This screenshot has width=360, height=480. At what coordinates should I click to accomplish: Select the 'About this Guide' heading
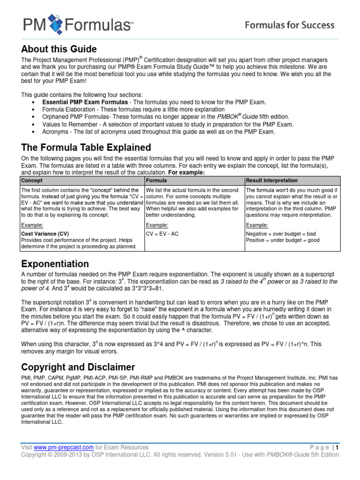[59, 49]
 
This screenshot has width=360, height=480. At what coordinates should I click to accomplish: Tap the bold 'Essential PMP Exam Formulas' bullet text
[85, 102]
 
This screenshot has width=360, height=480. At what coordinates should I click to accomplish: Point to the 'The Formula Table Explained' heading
[86, 148]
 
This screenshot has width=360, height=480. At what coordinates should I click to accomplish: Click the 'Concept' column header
[32, 180]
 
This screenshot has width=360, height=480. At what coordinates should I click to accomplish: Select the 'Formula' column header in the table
[157, 180]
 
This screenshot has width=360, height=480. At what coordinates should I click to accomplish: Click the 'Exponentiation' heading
[55, 264]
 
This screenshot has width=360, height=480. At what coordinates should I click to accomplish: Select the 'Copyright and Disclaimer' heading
[78, 367]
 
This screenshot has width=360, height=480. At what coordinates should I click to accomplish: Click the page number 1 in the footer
[337, 447]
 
